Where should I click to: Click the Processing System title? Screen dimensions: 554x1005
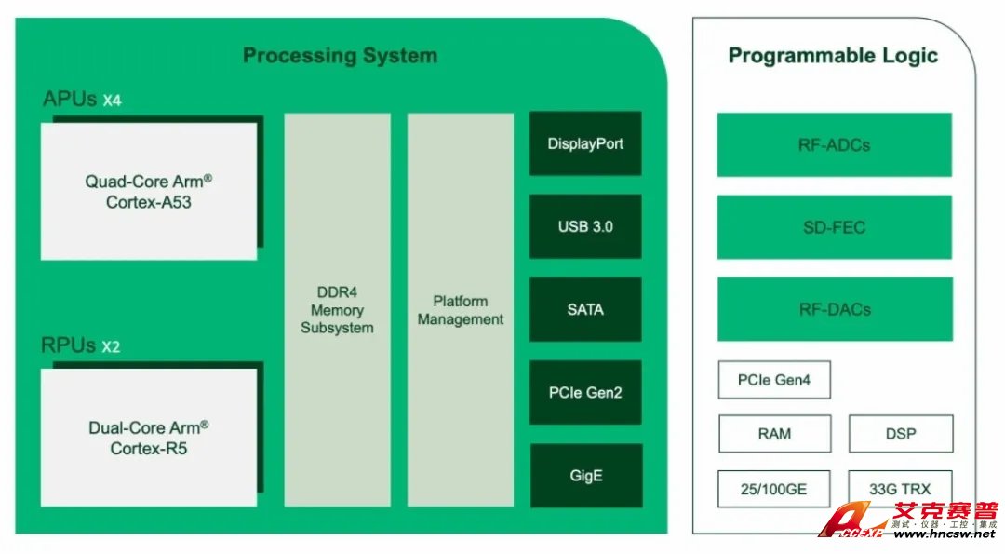point(340,56)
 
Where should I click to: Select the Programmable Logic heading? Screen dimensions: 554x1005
point(833,56)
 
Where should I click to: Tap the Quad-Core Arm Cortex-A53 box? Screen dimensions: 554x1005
point(149,191)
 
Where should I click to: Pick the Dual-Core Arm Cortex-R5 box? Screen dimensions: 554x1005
point(149,438)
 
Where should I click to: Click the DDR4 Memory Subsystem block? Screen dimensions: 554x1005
point(337,310)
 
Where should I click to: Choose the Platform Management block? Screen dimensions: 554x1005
point(461,310)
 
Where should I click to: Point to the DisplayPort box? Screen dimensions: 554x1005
point(585,144)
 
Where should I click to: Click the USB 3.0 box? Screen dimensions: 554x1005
point(585,226)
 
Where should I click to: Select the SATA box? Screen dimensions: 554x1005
point(585,309)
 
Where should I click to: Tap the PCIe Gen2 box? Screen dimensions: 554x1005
point(585,392)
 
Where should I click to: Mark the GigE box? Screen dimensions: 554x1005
point(585,475)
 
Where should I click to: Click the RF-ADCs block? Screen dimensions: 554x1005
point(834,145)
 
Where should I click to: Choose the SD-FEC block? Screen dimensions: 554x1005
point(834,227)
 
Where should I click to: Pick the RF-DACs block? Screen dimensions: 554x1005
point(834,309)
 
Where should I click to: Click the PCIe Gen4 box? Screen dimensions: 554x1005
point(774,380)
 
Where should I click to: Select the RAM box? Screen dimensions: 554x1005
point(774,433)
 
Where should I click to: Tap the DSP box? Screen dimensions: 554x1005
point(901,433)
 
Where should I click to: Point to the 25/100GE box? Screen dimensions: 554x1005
point(774,488)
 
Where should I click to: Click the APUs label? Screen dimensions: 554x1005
point(70,99)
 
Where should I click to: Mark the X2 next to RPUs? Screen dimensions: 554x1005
point(111,347)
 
